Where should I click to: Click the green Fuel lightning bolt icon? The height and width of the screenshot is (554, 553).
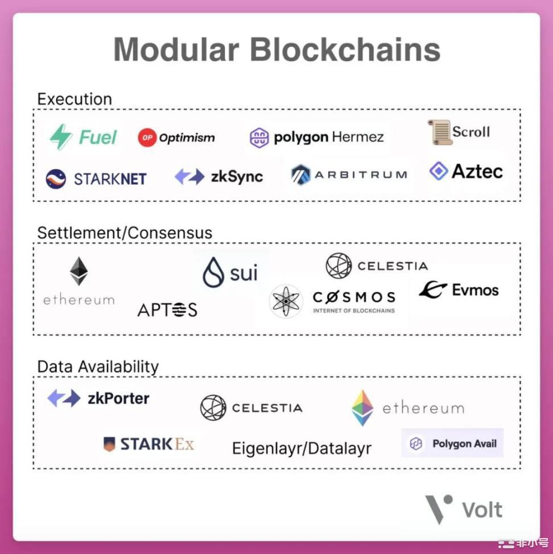click(x=61, y=137)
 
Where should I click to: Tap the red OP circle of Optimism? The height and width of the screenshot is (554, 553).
click(x=147, y=138)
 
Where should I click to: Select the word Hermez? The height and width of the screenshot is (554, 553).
click(x=358, y=137)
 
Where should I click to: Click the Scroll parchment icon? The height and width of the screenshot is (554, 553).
click(x=440, y=132)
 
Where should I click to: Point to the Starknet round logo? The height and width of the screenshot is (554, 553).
click(x=56, y=179)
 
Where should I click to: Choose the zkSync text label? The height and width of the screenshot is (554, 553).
click(x=237, y=177)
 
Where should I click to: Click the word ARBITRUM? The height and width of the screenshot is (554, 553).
click(x=361, y=175)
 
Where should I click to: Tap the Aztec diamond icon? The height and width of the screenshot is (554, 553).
click(x=439, y=171)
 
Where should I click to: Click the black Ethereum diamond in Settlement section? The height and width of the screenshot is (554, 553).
click(x=79, y=271)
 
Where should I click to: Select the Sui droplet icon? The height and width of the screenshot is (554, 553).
click(x=213, y=272)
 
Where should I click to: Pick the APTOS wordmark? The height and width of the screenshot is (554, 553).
click(x=167, y=310)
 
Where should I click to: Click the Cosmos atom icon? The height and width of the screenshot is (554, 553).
click(x=286, y=301)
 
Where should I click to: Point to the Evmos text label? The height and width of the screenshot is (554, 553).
click(x=475, y=290)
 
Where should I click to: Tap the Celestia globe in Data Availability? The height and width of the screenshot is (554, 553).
click(x=213, y=408)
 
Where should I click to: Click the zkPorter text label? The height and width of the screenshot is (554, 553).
click(x=118, y=399)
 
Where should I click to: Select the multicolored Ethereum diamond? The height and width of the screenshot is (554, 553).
click(x=362, y=408)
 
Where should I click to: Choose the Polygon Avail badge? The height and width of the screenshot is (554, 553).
click(x=452, y=443)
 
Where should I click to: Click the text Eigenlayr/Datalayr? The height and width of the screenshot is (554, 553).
click(x=302, y=449)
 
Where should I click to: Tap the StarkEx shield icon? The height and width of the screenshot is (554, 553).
click(x=109, y=444)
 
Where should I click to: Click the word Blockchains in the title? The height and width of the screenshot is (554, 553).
click(x=345, y=49)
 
